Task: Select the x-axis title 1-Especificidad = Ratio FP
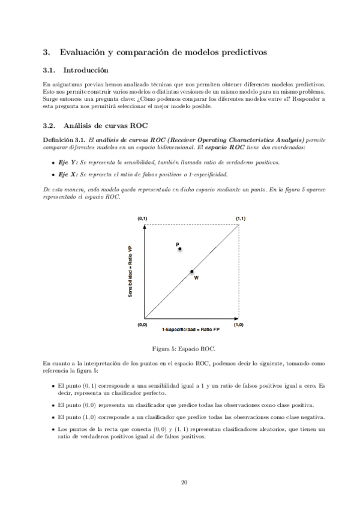(x=191, y=330)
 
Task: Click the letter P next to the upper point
(x=178, y=244)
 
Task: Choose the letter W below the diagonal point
(x=196, y=279)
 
